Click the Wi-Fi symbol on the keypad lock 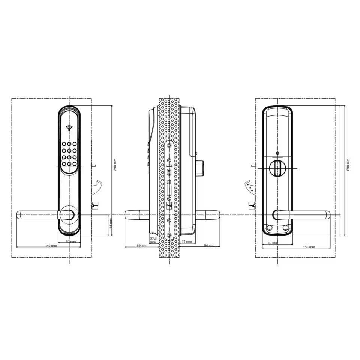pos(69,128)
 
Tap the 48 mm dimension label pos(111,223)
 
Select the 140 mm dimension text pos(51,246)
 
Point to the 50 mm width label pos(71,241)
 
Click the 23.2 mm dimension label pos(153,240)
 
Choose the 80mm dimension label pos(141,245)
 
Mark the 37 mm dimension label pos(186,242)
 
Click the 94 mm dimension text pos(209,245)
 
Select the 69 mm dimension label pos(273,243)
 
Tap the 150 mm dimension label pos(309,247)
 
